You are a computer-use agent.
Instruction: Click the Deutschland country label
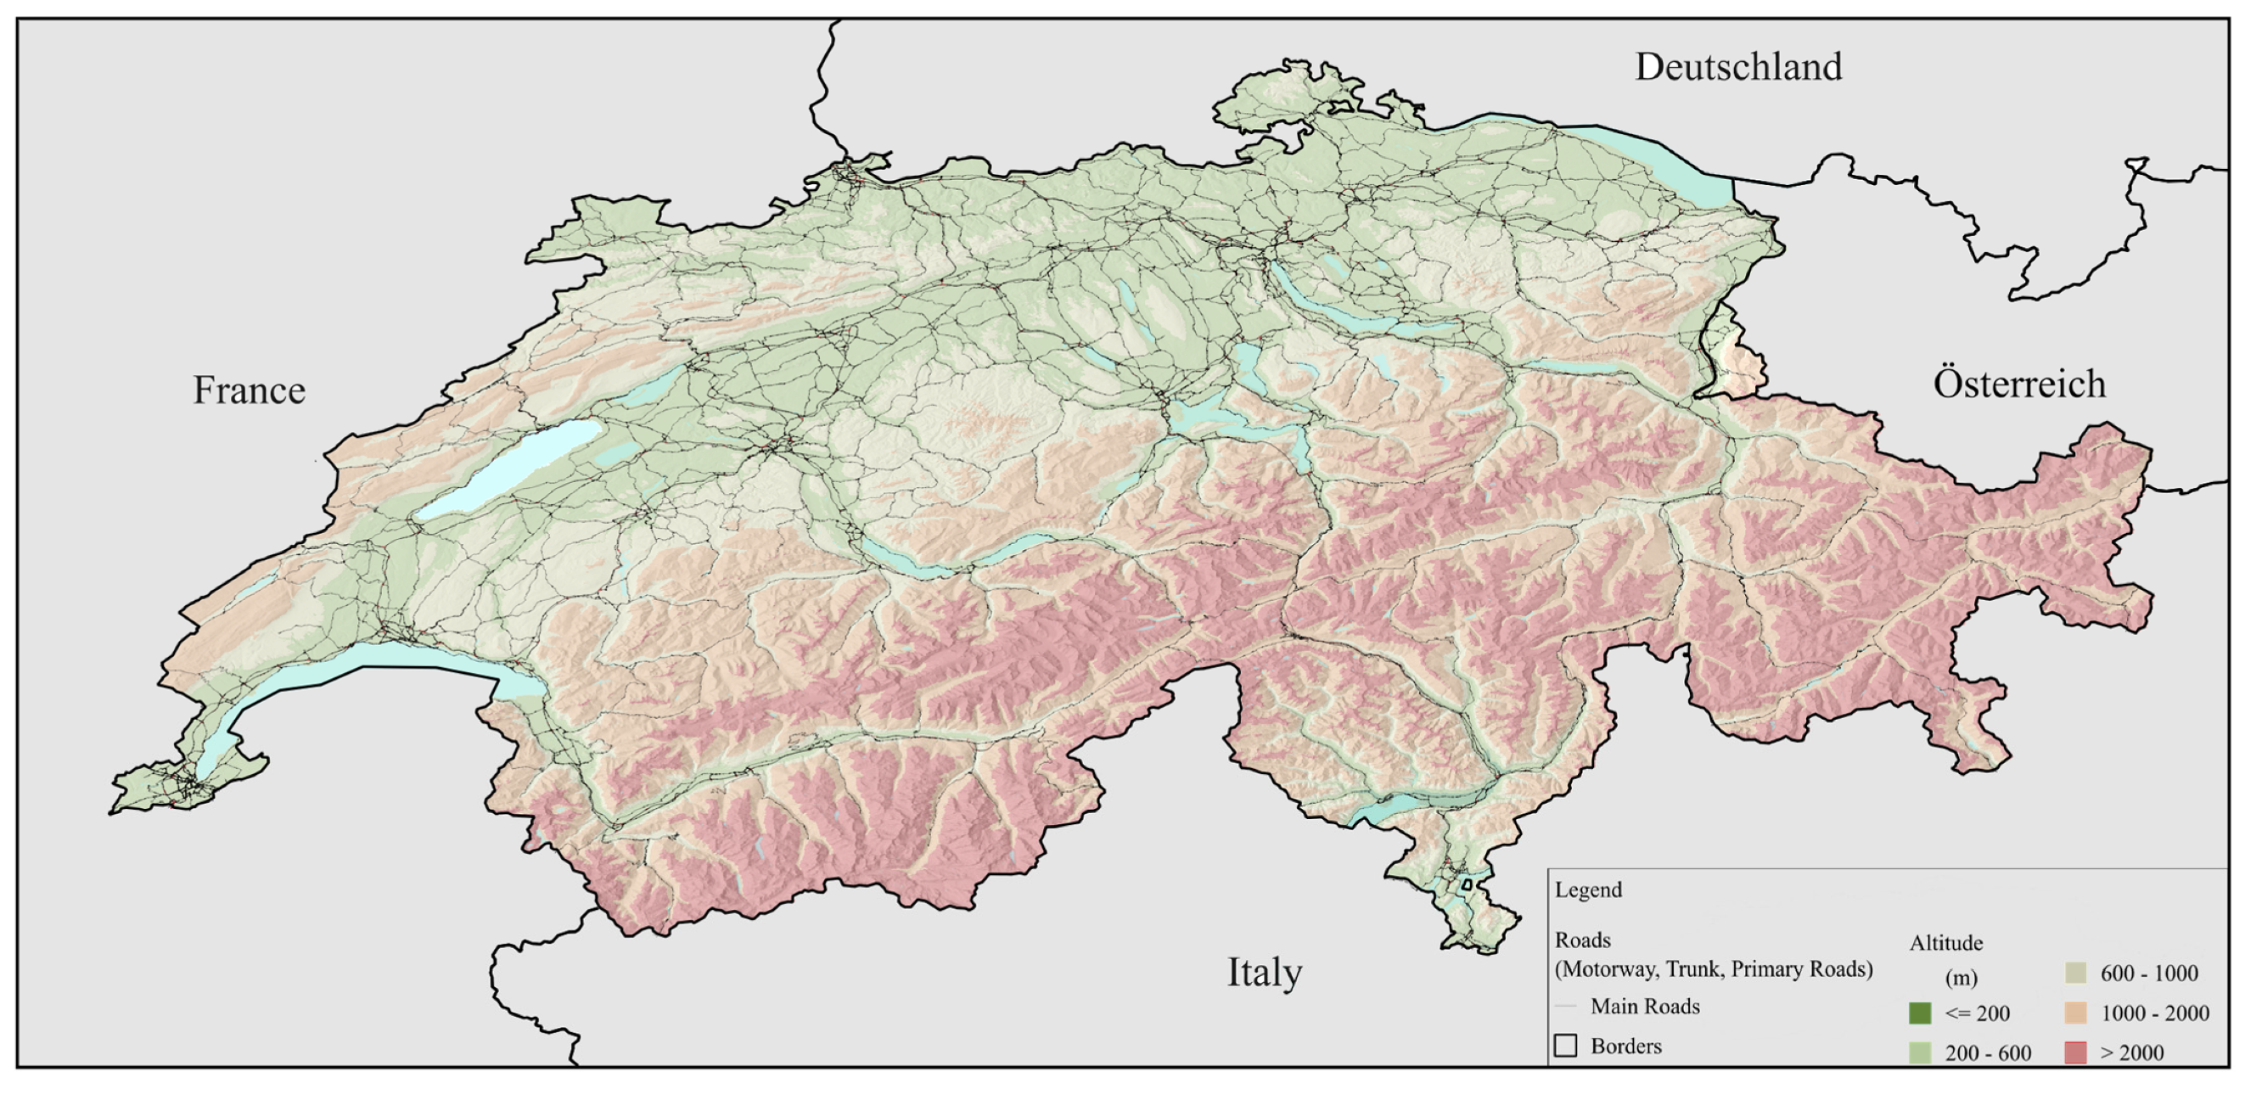pos(1737,67)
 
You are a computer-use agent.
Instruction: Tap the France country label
pos(249,390)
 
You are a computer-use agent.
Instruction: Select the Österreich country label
pos(2018,384)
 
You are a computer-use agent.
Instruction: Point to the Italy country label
pos(1264,972)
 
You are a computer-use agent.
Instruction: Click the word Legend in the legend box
pos(1588,890)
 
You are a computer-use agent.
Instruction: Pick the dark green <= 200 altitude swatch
pos(1919,1013)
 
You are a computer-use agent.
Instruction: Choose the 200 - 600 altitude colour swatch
pos(1919,1052)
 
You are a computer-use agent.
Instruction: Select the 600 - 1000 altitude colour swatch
pos(2075,973)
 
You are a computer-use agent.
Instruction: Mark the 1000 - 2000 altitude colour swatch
pos(2075,1013)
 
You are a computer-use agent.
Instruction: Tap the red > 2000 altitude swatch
pos(2075,1052)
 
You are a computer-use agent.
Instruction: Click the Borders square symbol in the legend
pos(1565,1045)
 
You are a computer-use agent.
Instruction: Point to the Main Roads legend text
pos(1645,1007)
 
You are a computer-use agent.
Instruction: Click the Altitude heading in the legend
pos(1945,943)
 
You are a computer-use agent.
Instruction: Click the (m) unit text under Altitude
pos(1961,978)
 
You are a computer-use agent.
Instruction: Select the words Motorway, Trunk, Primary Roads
pos(1714,969)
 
